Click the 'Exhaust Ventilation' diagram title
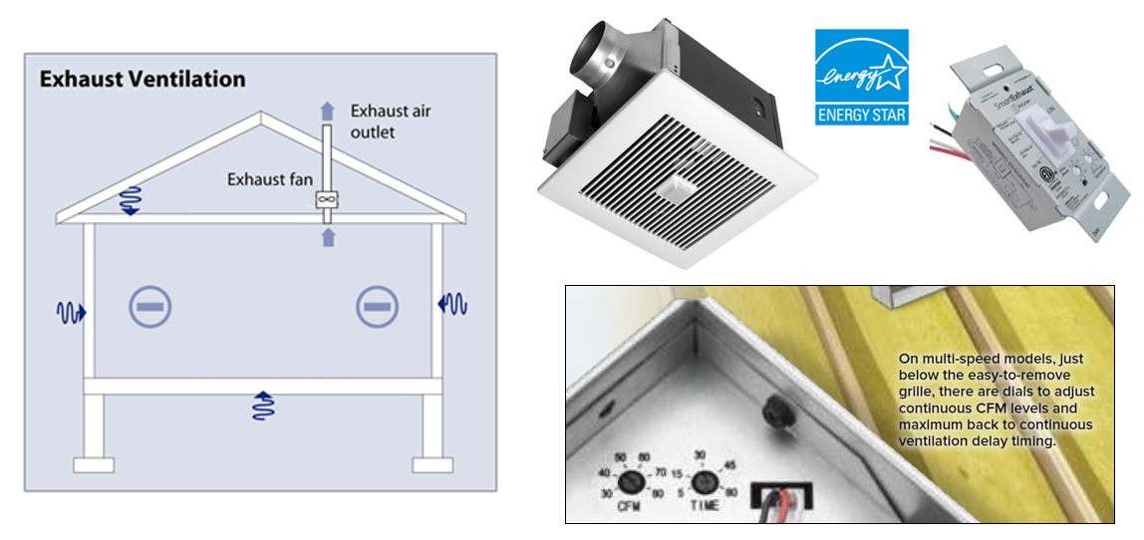143,79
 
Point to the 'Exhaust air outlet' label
391,121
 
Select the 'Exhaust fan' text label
270,179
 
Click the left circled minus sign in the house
149,307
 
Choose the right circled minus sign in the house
377,307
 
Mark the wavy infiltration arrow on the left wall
71,313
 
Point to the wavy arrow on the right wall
452,303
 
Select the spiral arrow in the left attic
129,199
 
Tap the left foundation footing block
94,465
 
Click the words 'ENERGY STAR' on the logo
862,115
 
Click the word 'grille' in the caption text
920,391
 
